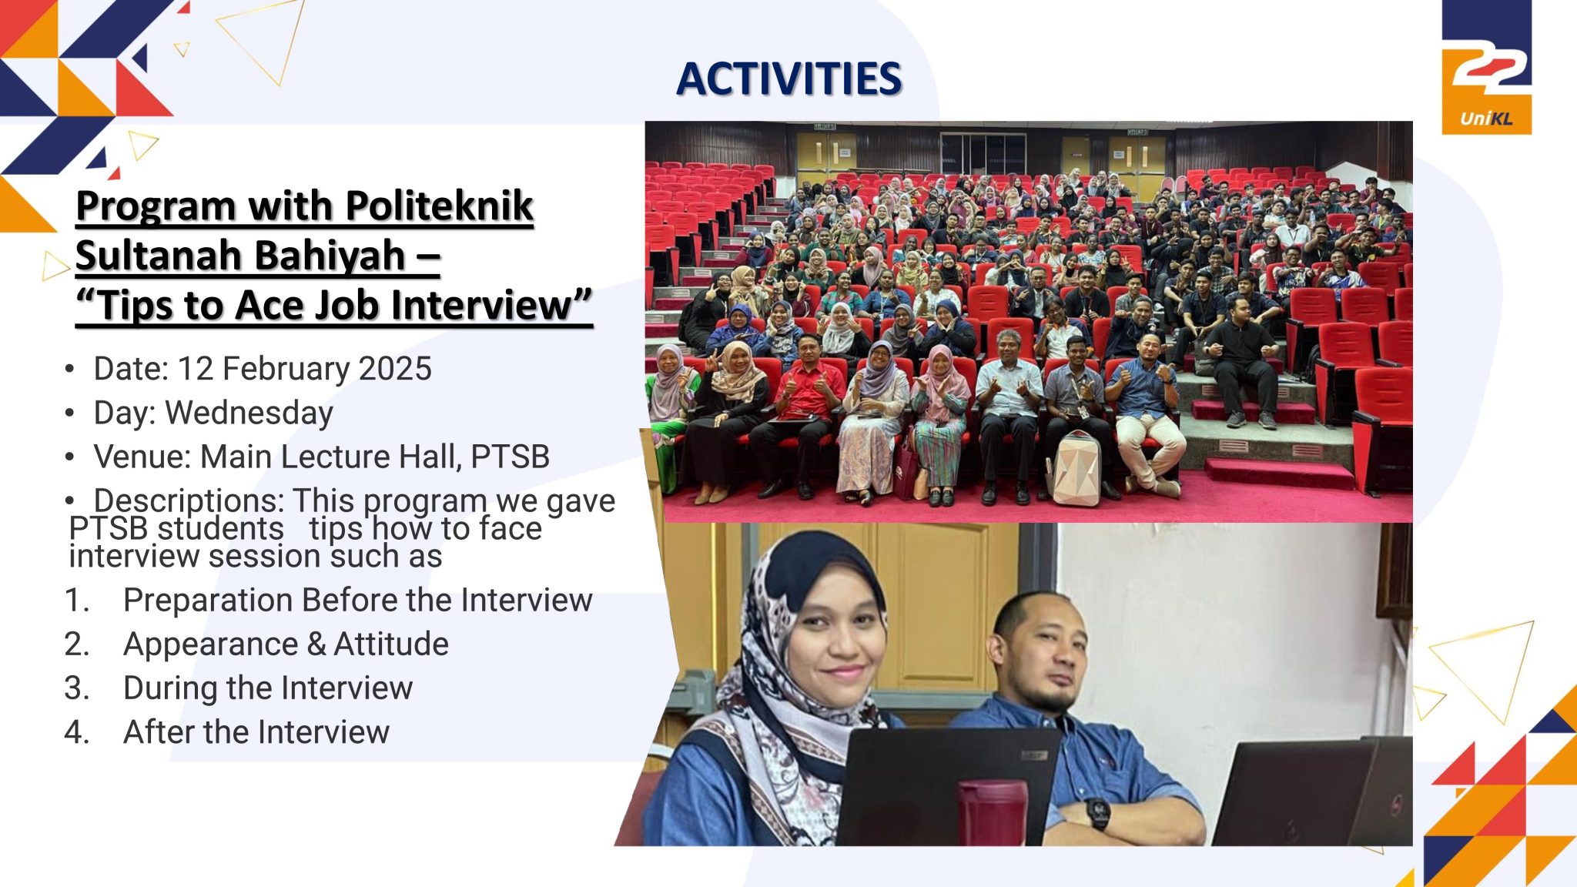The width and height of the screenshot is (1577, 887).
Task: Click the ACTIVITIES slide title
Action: [x=788, y=79]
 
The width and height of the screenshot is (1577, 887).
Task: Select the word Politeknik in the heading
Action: [x=439, y=206]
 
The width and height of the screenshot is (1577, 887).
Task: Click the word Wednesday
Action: [x=249, y=413]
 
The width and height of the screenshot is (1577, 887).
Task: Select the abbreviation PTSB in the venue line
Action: [x=510, y=457]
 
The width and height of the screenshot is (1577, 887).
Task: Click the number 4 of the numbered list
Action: [x=75, y=732]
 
